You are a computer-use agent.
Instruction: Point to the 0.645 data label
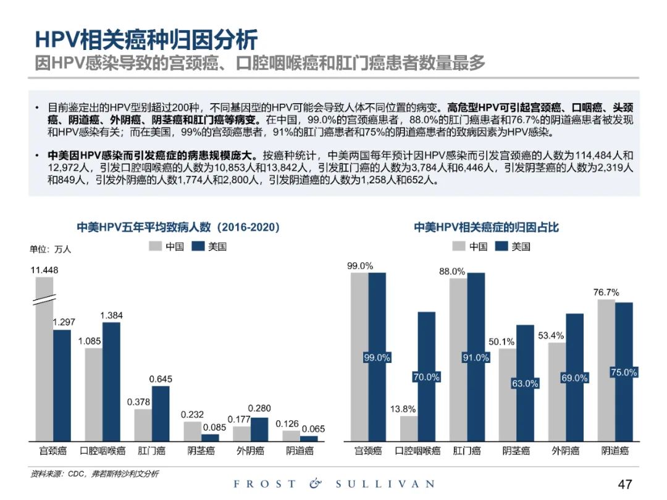160,378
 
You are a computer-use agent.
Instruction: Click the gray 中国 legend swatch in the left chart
155,247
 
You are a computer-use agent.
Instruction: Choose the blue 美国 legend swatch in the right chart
500,247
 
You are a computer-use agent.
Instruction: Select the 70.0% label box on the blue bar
426,377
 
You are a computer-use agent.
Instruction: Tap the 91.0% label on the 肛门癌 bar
476,357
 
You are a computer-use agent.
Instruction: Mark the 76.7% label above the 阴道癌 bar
606,292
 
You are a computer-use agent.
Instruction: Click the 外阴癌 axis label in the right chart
565,451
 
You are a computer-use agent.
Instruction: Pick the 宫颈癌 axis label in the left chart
53,451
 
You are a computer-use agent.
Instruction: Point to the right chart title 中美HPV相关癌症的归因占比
486,227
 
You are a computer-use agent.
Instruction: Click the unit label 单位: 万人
51,249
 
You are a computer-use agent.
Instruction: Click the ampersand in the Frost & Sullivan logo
316,484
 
